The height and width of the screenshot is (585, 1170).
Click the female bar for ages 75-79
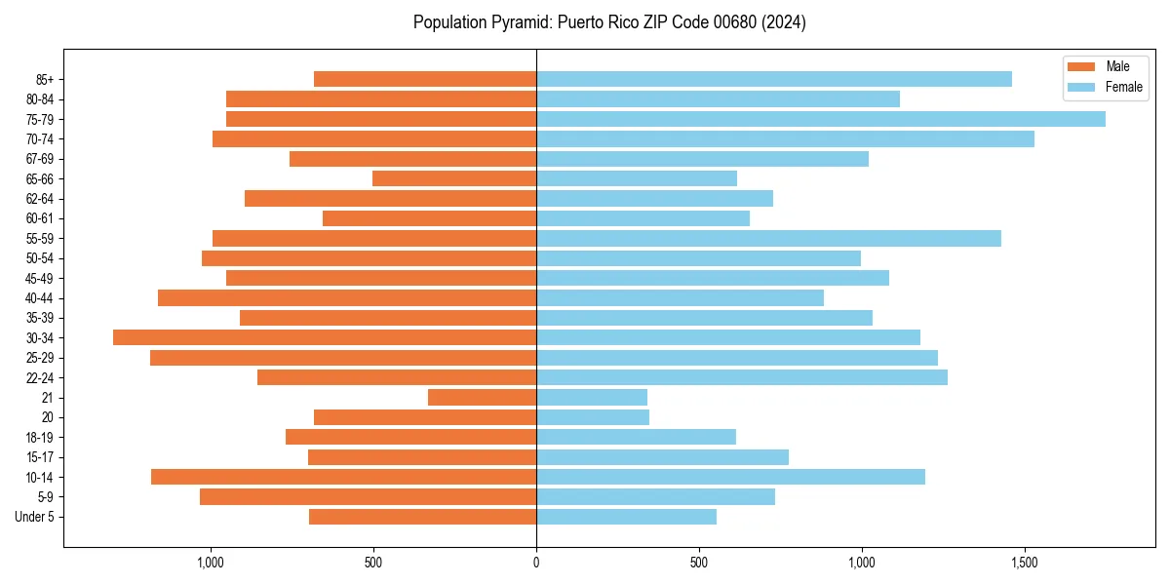[820, 119]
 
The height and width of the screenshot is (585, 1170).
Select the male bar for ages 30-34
[325, 337]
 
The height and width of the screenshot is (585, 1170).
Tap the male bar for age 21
[482, 398]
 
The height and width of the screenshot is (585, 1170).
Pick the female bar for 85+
[773, 79]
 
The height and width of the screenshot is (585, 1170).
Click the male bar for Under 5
[422, 517]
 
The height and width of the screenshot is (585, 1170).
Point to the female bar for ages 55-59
[768, 238]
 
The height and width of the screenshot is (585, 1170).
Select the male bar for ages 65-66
[454, 178]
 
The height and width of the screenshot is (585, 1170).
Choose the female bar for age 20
[593, 417]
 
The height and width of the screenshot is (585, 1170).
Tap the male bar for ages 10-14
[343, 477]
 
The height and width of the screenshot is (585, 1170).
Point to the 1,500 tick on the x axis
[1024, 563]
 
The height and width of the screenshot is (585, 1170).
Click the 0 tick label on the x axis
[536, 563]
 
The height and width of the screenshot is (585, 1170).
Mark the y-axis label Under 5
[35, 517]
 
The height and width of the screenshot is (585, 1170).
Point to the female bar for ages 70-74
[785, 138]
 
